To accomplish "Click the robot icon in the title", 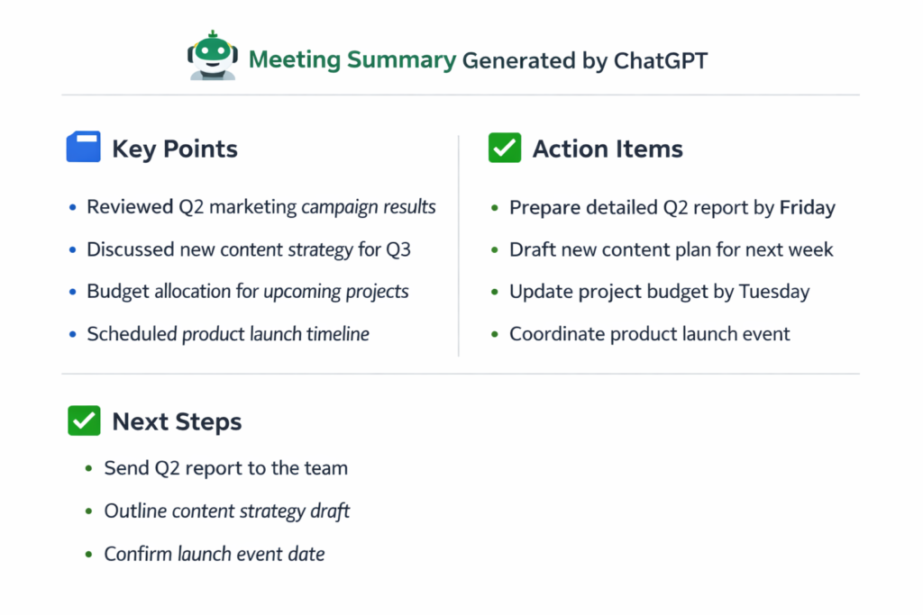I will [x=213, y=56].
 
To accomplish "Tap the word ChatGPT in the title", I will [x=661, y=61].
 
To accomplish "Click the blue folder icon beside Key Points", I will [x=84, y=148].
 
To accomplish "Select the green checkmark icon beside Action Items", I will [x=505, y=148].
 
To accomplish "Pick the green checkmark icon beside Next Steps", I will [x=84, y=421].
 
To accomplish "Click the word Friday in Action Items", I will [x=807, y=208].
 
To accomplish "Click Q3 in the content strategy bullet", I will [x=398, y=249].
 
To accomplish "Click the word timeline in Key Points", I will [x=337, y=334].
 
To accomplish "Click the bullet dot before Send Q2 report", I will [x=88, y=469].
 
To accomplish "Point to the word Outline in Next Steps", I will [x=135, y=511].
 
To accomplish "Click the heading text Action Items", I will [x=608, y=149].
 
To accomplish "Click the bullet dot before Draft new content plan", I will [x=494, y=250].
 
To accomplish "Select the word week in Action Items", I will [x=809, y=249].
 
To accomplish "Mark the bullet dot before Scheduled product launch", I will [x=72, y=335].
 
